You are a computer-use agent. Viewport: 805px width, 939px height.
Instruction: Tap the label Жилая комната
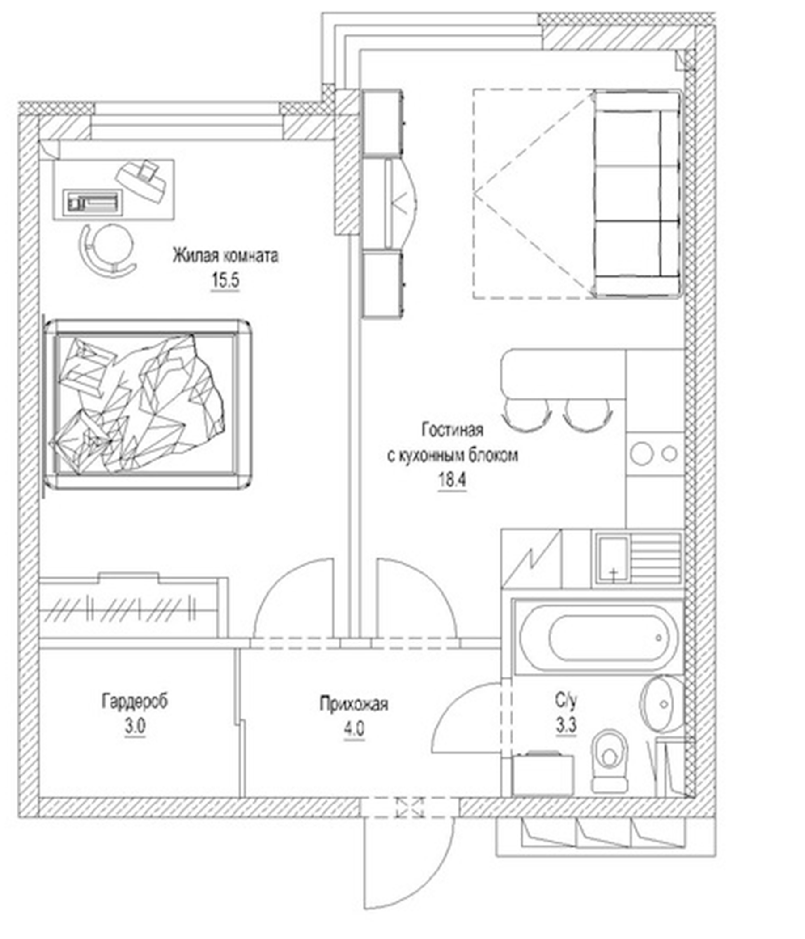(x=225, y=256)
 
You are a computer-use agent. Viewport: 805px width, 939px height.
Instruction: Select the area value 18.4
(x=451, y=480)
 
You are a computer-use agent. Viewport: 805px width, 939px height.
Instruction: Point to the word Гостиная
(x=452, y=430)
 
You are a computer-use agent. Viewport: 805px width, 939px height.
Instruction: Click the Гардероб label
(x=135, y=701)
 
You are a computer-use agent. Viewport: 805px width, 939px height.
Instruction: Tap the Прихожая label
(x=354, y=704)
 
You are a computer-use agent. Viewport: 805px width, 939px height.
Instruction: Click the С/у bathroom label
(x=566, y=701)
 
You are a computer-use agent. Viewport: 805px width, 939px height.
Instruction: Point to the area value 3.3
(x=566, y=726)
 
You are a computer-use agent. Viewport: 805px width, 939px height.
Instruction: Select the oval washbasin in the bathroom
(x=662, y=704)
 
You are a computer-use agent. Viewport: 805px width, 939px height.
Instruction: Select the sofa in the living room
(x=637, y=194)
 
